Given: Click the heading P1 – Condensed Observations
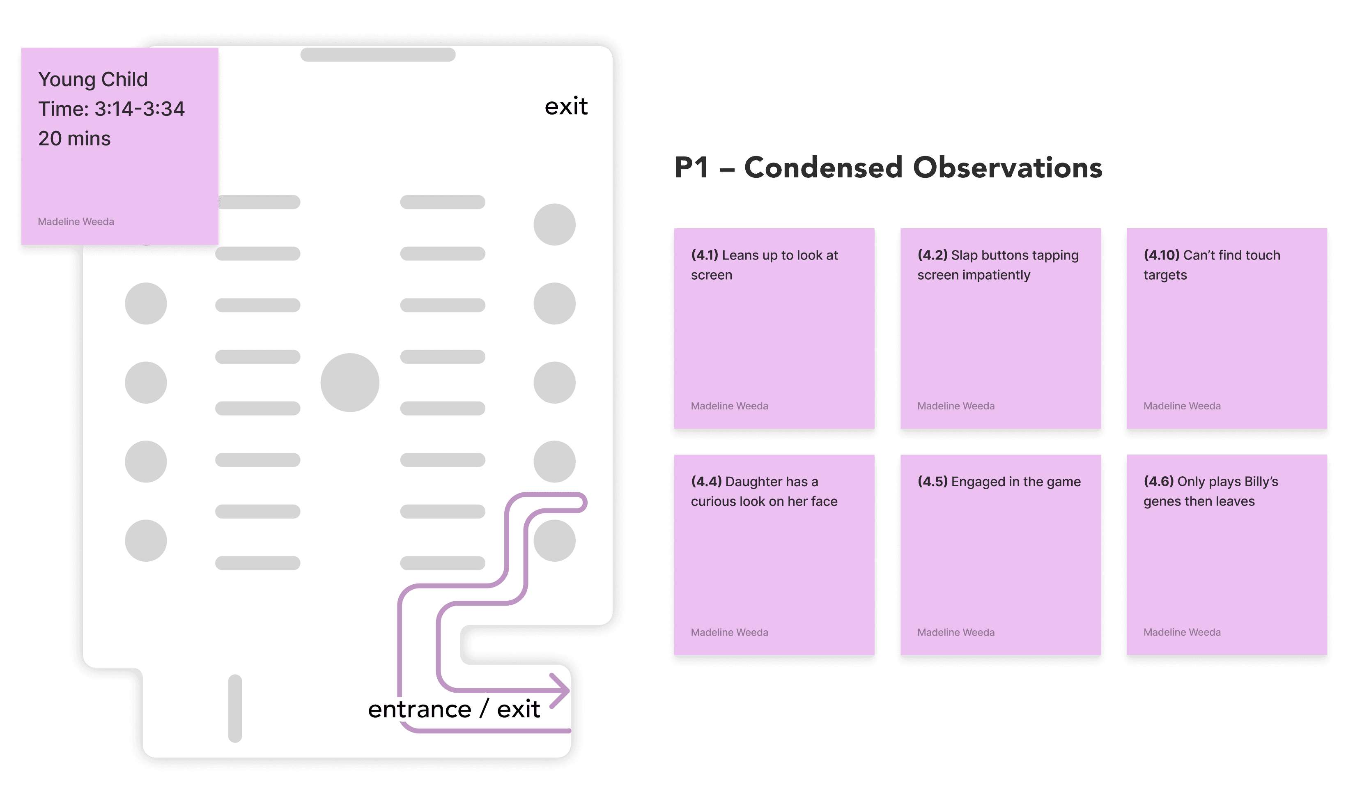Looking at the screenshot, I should [888, 168].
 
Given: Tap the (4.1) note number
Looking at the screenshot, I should [704, 255].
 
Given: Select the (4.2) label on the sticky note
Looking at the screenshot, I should [932, 255].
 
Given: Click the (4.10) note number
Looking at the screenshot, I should [1161, 255].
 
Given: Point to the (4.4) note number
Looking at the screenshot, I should [706, 482].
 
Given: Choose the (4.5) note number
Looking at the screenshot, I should [932, 482].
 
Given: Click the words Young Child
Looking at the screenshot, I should [93, 80].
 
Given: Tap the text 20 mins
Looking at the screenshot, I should [74, 139].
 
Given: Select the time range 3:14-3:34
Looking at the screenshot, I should [139, 109].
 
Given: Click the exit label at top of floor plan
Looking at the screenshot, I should [565, 106].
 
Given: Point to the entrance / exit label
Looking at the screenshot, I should [453, 709].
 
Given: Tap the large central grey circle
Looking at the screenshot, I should [350, 383].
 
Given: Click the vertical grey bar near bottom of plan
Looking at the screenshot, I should [234, 708].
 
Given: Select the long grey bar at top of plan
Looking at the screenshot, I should [377, 55].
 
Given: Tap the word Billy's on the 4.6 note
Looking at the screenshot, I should [1261, 482].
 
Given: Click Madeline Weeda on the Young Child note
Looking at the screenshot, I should [76, 222].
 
